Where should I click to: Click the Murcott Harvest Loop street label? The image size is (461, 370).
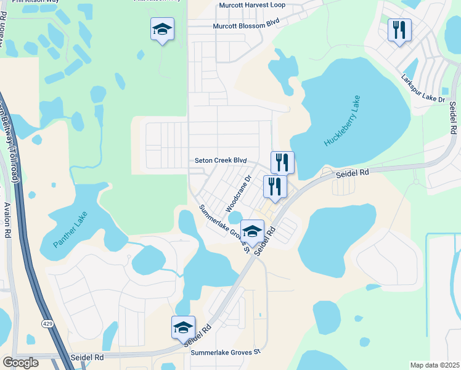pos(252,6)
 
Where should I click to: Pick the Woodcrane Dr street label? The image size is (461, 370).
pos(239,194)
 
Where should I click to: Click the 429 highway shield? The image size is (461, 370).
pos(47,323)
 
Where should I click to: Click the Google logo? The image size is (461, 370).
pos(20,363)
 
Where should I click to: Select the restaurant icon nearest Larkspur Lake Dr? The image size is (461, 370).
pos(399,29)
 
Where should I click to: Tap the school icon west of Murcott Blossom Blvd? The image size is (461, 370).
pos(162,29)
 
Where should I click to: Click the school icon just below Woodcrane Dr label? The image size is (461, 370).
pos(251,231)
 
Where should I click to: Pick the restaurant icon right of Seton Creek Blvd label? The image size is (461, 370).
pos(282,163)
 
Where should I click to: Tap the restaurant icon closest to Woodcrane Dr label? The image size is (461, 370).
pos(275,186)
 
